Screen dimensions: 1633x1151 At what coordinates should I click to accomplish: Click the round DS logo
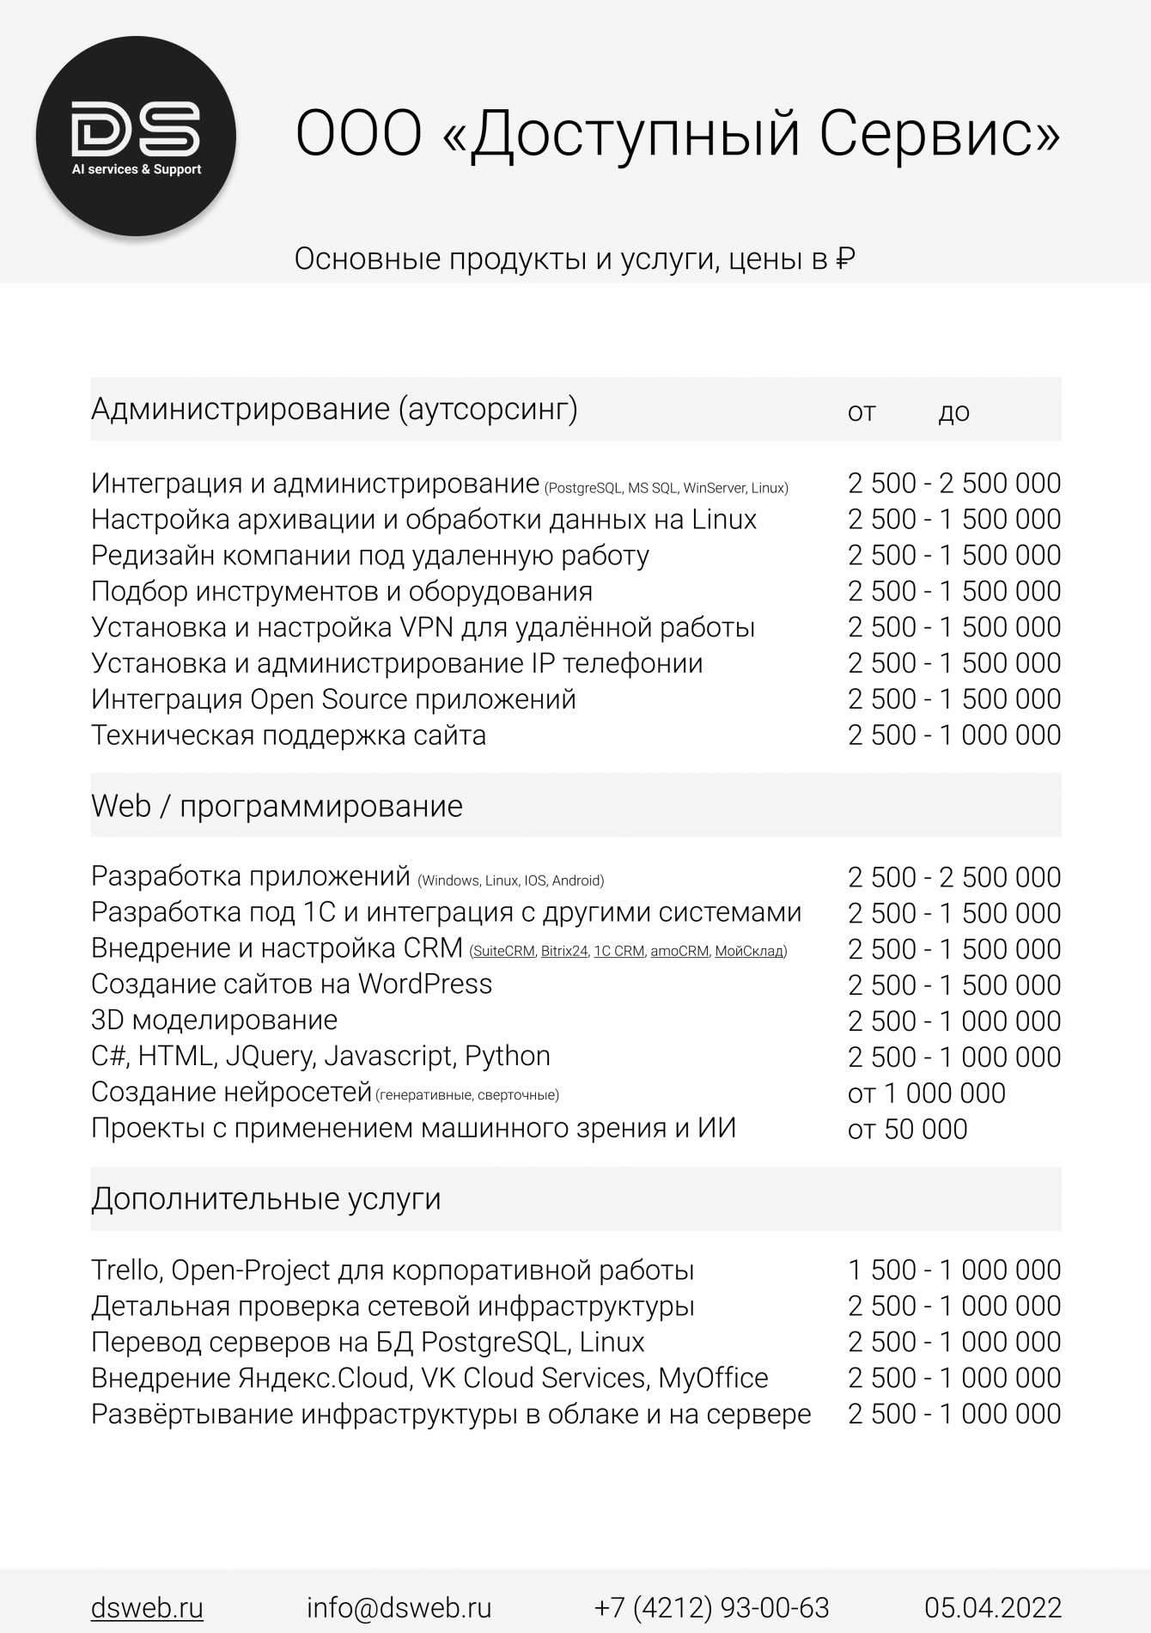136,136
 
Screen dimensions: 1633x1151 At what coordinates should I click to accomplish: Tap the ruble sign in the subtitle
845,259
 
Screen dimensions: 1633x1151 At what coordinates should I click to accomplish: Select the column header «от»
862,412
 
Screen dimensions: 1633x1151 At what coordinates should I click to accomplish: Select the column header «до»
953,412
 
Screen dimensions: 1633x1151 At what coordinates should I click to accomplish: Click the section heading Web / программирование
277,806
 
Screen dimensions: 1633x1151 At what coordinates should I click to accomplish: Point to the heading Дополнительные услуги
266,1198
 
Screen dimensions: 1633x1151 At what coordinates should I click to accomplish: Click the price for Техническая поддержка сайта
953,735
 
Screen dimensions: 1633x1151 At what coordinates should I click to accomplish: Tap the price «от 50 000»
907,1129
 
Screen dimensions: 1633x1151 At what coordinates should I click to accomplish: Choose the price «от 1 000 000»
926,1093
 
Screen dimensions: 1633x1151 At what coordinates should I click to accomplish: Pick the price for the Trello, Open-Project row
953,1270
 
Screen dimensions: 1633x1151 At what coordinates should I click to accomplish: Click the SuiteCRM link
503,951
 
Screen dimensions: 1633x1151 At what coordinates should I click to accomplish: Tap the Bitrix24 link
564,951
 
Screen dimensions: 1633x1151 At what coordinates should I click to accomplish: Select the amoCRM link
679,951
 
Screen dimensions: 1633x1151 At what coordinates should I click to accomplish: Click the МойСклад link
749,951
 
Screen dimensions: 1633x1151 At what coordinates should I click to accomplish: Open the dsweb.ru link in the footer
147,1607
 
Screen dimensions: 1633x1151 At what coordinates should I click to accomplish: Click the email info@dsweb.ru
399,1607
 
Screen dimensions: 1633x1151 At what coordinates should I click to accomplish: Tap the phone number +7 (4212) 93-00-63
711,1607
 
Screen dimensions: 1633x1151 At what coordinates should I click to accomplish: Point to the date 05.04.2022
993,1607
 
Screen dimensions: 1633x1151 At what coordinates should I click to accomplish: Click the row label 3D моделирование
214,1021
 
